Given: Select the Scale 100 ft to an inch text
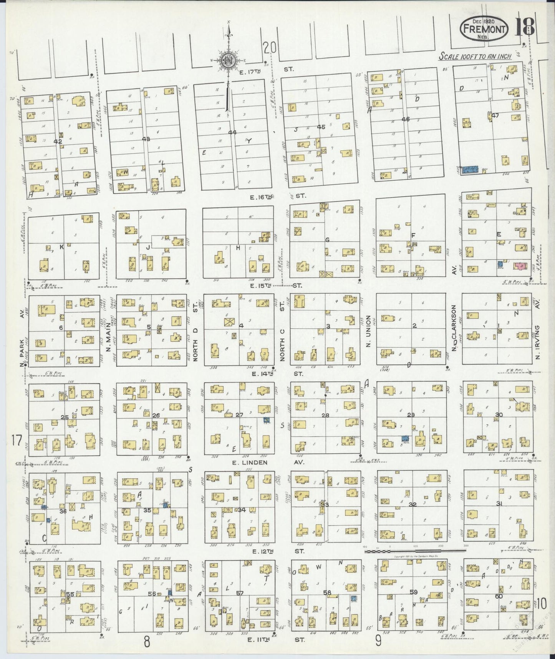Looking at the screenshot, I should [475, 56].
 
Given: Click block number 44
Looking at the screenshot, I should [232, 132].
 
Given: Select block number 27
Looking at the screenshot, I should [240, 415].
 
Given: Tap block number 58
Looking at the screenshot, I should [327, 592].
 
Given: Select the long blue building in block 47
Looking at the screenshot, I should [470, 169].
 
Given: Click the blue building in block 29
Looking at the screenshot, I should [404, 438].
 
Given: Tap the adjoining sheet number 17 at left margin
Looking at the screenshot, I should [16, 440].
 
